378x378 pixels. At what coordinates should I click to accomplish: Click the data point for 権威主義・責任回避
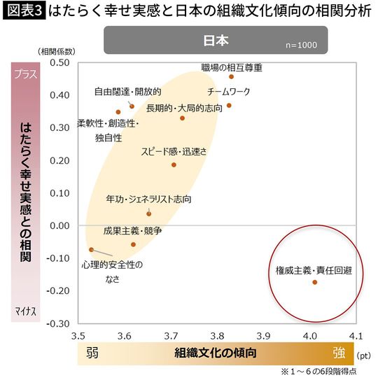point(314,282)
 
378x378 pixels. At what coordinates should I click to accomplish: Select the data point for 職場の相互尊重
point(231,76)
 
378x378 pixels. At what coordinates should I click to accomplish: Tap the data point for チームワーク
point(229,106)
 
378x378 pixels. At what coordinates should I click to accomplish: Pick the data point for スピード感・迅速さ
point(174,164)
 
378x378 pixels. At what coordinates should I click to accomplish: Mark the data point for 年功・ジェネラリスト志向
point(148,213)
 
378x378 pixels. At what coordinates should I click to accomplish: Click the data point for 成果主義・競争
point(133,244)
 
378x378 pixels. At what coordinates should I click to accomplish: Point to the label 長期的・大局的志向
point(180,108)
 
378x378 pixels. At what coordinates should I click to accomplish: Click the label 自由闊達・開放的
point(128,92)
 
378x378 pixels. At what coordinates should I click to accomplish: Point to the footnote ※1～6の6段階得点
point(323,370)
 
